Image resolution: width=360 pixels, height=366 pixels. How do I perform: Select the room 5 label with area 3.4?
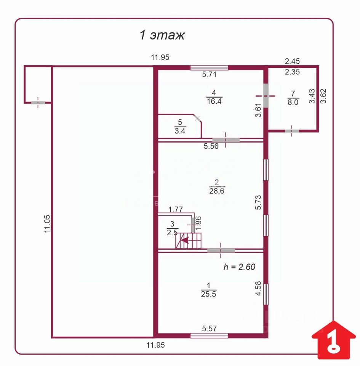180,127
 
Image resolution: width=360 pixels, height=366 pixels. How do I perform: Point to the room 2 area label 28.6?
216,186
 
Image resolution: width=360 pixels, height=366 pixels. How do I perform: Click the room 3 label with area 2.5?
172,228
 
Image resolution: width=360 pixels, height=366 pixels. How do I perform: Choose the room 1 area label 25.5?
208,289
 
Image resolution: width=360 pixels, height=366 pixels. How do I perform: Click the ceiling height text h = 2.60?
239,267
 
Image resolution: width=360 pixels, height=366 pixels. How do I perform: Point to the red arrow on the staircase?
186,240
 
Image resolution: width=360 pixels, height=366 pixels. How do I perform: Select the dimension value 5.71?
209,75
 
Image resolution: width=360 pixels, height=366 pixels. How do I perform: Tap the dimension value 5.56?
211,146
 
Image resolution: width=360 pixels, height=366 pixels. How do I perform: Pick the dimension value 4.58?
258,289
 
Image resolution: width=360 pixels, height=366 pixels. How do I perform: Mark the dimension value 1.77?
176,209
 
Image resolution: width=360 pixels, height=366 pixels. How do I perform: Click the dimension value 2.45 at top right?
293,61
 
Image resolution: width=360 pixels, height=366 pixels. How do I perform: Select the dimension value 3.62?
323,96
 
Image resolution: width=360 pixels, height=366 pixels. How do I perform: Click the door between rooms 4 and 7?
266,96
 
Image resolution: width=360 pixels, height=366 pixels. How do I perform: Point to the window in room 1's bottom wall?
209,335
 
